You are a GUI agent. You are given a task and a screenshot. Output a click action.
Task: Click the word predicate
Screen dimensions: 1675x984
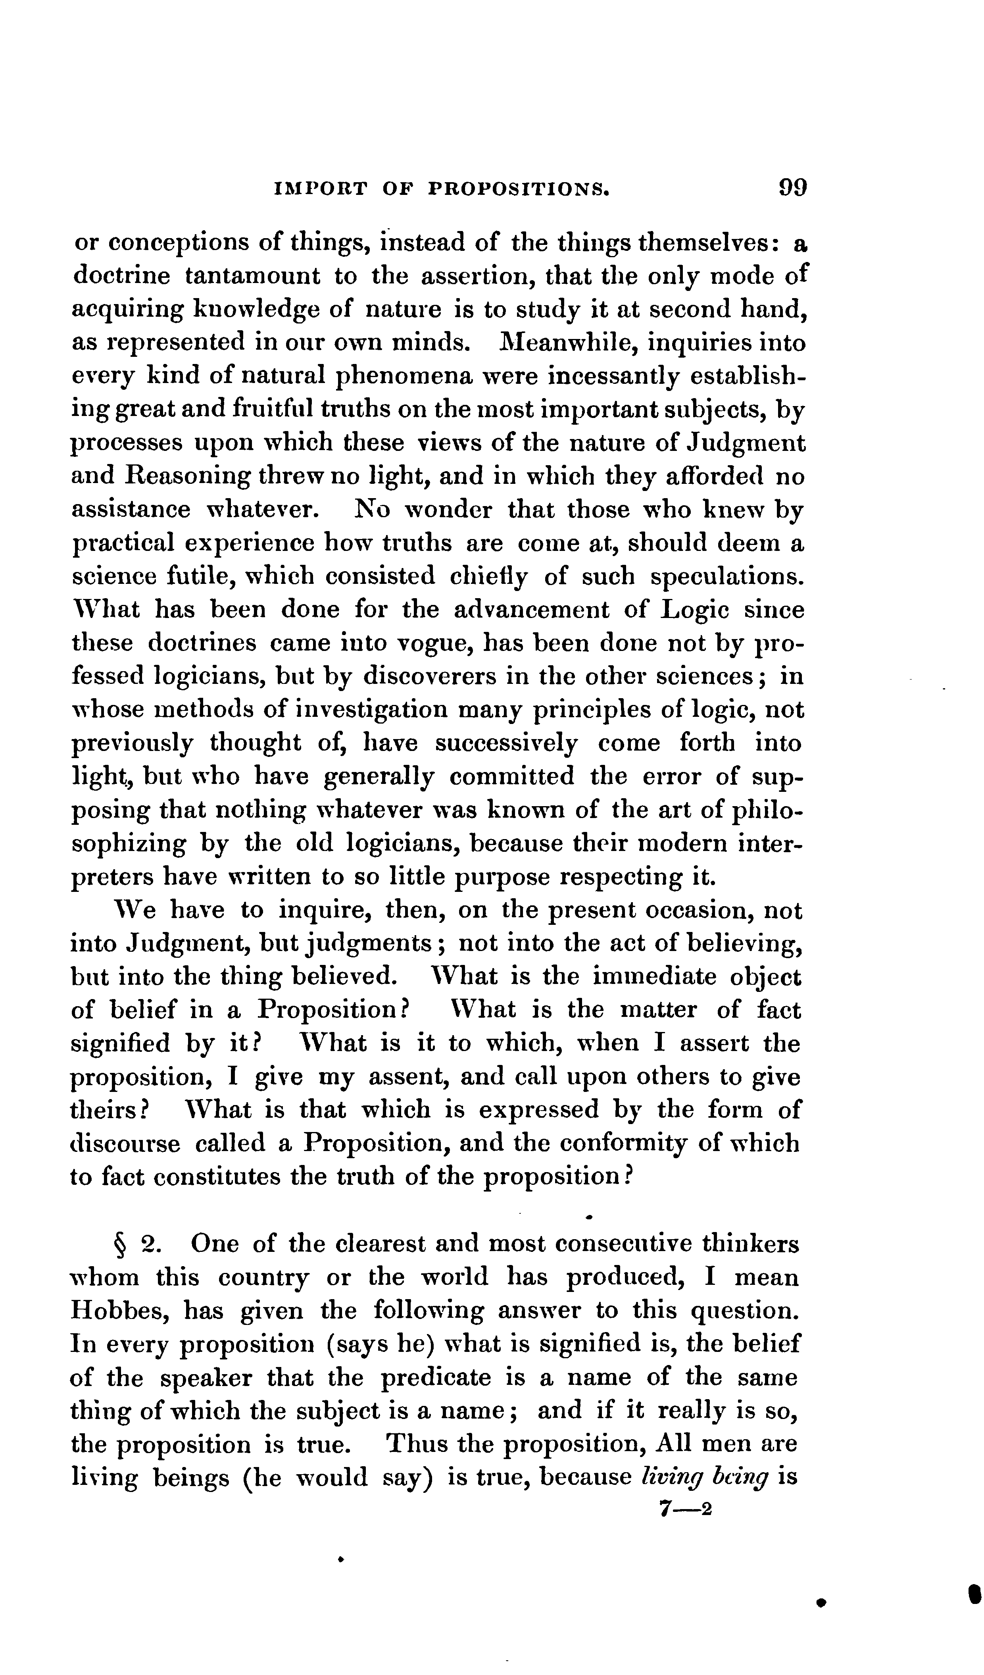click(x=436, y=1378)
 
